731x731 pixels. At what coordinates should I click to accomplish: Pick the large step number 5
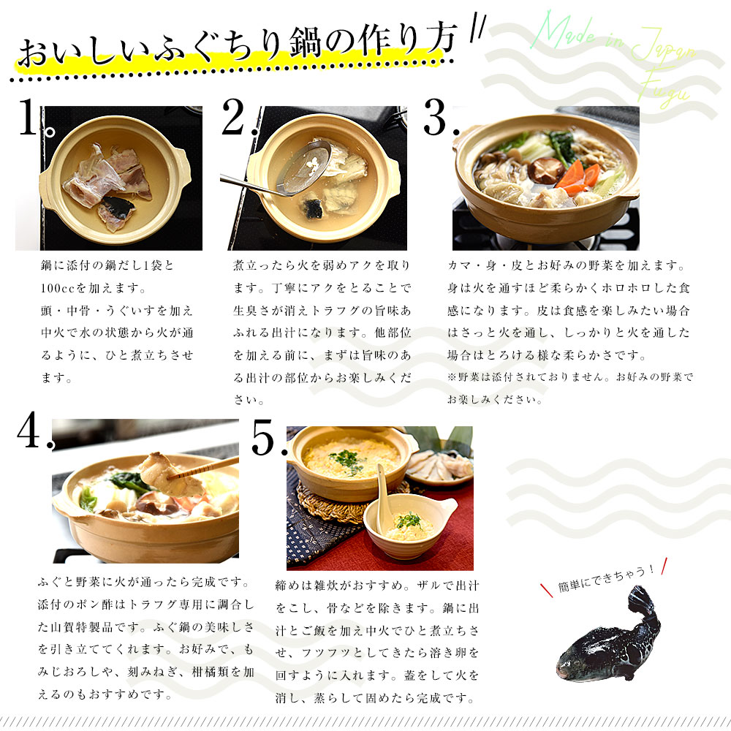point(263,437)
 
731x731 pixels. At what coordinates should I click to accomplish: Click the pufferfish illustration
point(608,635)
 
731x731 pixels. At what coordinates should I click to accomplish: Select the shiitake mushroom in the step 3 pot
point(545,170)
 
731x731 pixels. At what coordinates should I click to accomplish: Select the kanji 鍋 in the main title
point(306,43)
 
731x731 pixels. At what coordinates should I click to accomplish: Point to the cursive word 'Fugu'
point(664,88)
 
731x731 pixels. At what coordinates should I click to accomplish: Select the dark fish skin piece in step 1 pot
point(116,207)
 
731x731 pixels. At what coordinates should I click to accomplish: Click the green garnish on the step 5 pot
point(347,460)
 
